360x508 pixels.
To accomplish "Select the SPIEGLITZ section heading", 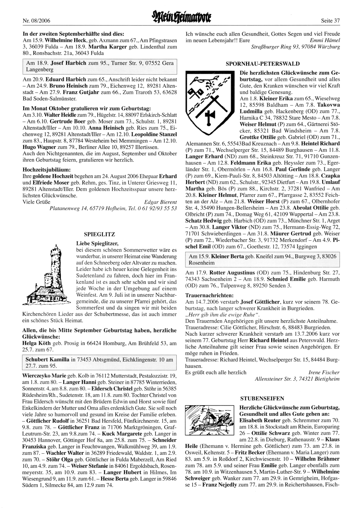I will pyautogui.click(x=99, y=234).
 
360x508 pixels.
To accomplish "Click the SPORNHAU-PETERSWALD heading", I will pyautogui.click(x=262, y=64).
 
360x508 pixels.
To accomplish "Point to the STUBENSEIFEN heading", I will pyautogui.click(x=262, y=398).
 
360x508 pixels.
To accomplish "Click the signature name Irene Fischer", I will pyautogui.click(x=324, y=372).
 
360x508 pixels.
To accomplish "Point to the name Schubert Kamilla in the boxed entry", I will pyautogui.click(x=48, y=359).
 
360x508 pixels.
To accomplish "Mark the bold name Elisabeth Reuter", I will pyautogui.click(x=260, y=420).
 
